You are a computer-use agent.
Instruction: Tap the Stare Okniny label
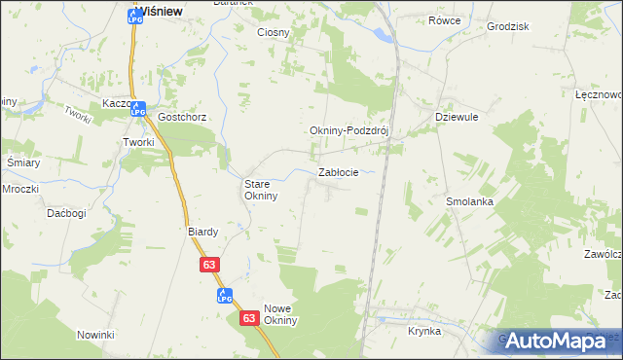tap(261, 189)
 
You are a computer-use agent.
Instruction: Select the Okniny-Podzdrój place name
tap(348, 131)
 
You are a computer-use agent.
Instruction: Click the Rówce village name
tap(444, 20)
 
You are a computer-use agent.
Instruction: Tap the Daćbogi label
tap(67, 212)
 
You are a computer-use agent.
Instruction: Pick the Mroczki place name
tap(20, 188)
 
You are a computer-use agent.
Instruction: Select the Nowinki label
tap(96, 335)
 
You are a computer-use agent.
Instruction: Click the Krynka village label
tap(424, 331)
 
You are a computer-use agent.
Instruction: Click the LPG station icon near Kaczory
tap(137, 110)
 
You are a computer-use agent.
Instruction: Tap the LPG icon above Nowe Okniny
tap(224, 295)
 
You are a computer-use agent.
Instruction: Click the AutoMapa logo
tap(556, 340)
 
